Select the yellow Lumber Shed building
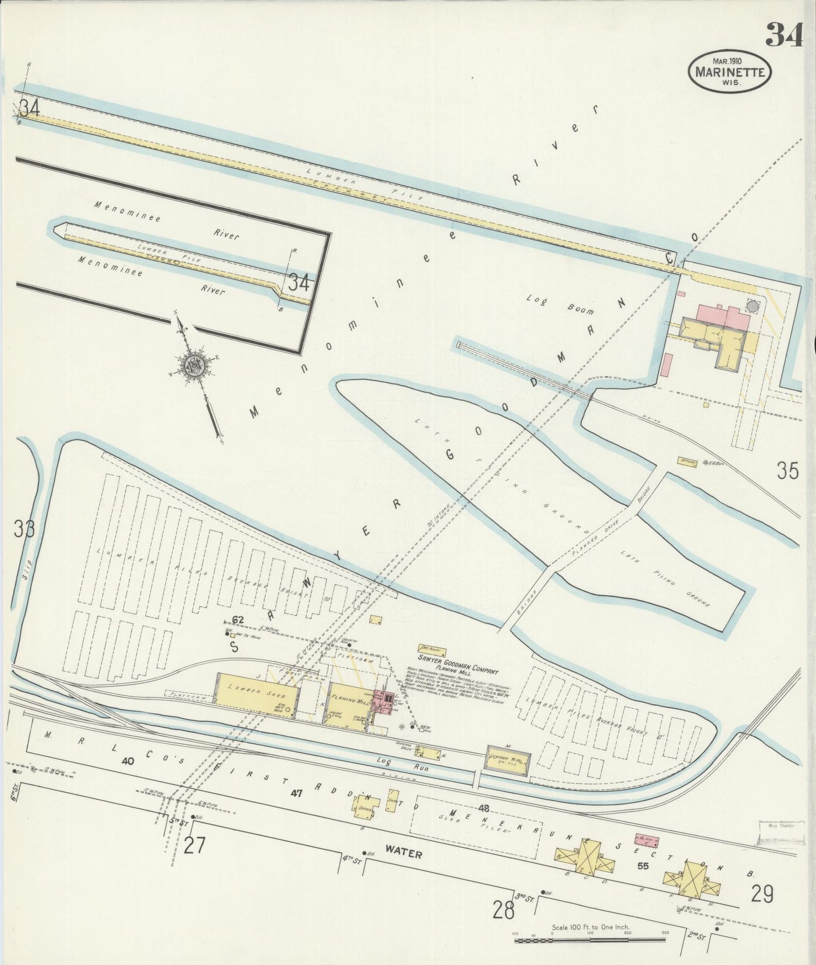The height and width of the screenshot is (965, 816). tap(256, 695)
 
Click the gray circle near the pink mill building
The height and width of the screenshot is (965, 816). tap(753, 306)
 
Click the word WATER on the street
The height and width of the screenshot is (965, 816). tap(404, 853)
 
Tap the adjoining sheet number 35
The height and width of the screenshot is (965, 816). tap(787, 470)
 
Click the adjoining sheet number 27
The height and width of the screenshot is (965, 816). tap(194, 845)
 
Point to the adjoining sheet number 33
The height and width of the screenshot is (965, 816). tap(24, 529)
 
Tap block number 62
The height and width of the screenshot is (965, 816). tap(238, 620)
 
